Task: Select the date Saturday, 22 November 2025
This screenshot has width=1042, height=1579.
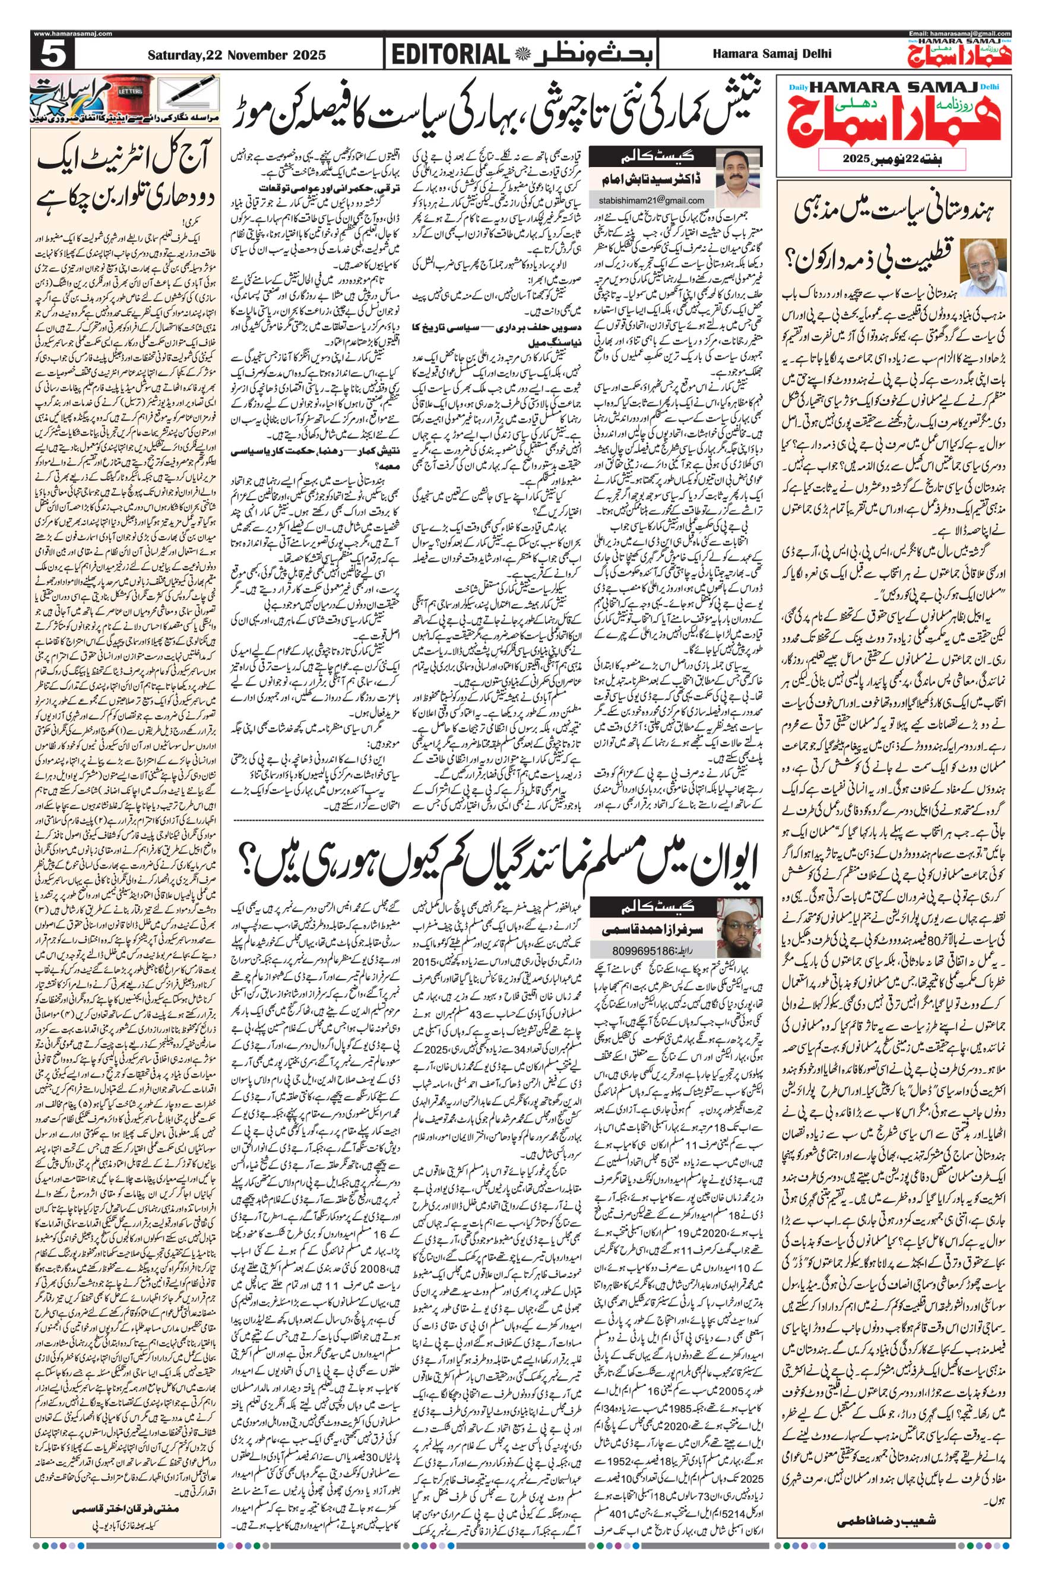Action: tap(236, 55)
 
